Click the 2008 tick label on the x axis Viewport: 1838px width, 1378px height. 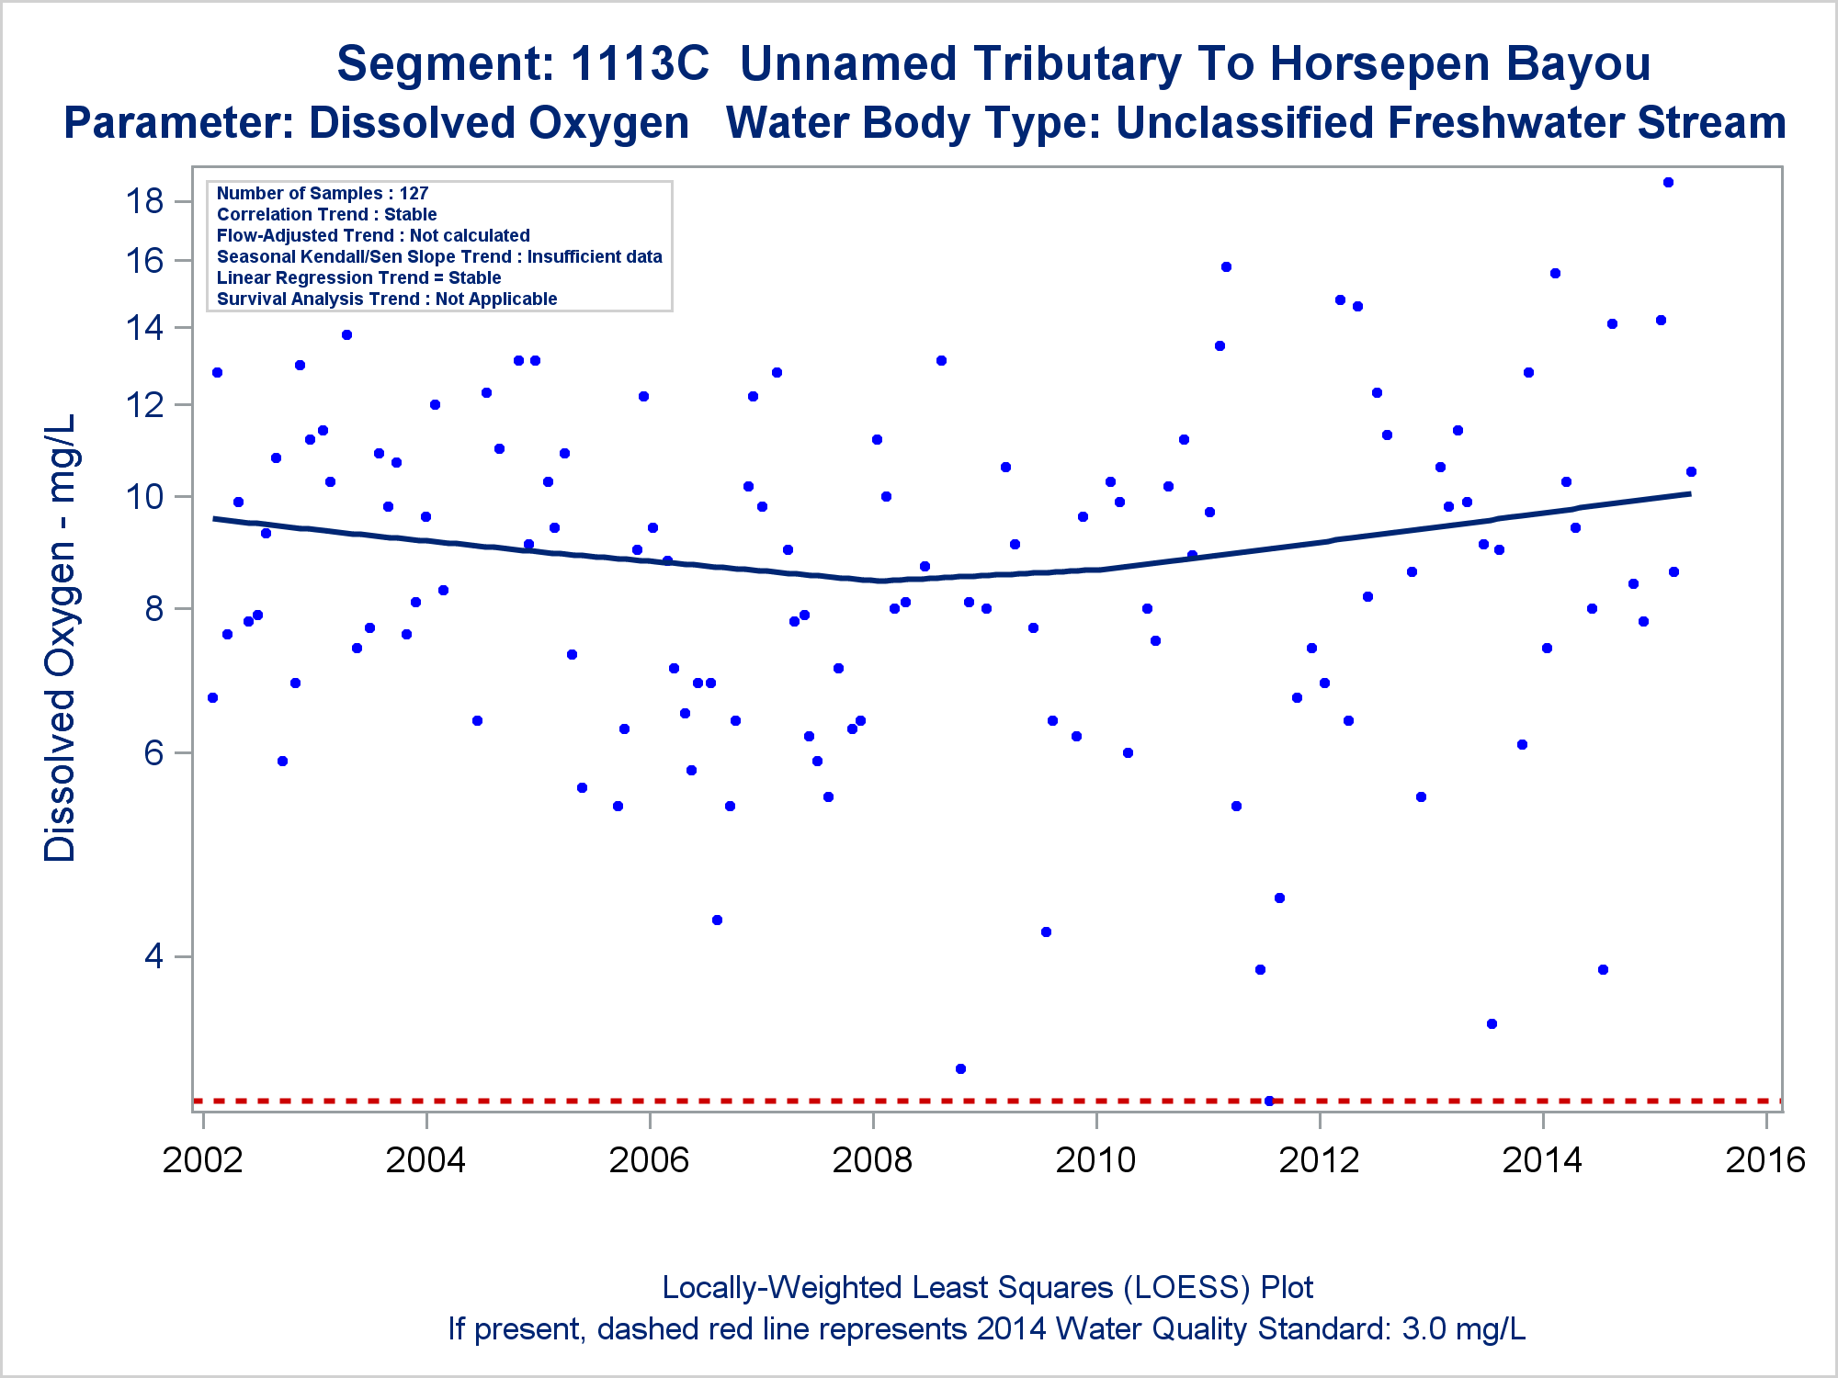[872, 1160]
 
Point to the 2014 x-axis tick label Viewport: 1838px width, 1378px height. [1542, 1160]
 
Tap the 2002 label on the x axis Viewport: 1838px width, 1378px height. [202, 1160]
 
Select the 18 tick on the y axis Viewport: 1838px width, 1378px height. [144, 200]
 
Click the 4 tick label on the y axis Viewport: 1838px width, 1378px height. [153, 956]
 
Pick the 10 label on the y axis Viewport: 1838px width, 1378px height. [144, 497]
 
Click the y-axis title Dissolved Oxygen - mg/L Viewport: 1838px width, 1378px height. [61, 638]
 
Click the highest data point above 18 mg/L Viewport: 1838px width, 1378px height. [1668, 182]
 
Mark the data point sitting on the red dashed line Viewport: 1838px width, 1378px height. [1269, 1101]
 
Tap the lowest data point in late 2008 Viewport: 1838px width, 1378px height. [960, 1068]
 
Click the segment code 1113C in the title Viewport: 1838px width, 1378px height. [640, 64]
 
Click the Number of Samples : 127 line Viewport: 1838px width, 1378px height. [323, 193]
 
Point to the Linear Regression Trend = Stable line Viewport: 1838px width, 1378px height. [358, 277]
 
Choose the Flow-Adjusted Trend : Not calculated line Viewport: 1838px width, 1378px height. [373, 235]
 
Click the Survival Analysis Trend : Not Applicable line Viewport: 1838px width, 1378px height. [387, 299]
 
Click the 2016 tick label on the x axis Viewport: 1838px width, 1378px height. [1765, 1160]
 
